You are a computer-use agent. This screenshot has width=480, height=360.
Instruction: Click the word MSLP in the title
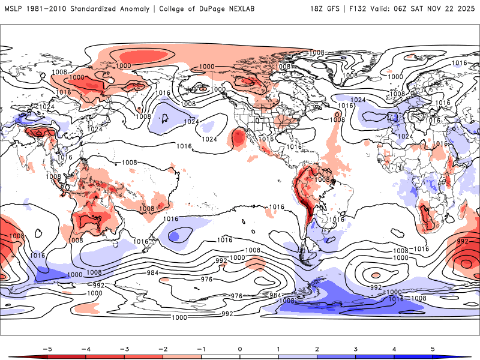(13, 9)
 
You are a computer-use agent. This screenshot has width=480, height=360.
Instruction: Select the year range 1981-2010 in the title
(49, 9)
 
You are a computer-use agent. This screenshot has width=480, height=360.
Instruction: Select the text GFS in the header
(335, 9)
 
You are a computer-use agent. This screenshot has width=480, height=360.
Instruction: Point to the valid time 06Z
(406, 9)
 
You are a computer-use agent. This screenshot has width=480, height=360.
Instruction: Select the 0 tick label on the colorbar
(240, 348)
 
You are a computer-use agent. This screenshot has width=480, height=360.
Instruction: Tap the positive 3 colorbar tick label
(356, 348)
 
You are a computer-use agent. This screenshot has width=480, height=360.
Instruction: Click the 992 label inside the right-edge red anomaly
(463, 242)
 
